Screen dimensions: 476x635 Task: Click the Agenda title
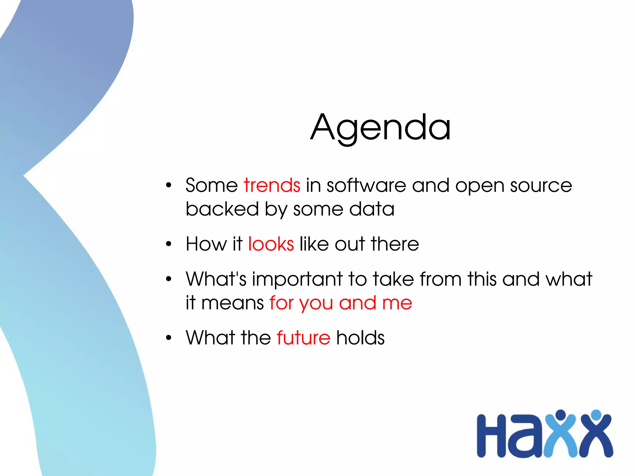pyautogui.click(x=380, y=127)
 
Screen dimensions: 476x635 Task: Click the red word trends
pyautogui.click(x=272, y=185)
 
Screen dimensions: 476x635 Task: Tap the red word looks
pyautogui.click(x=271, y=244)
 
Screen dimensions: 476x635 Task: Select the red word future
pyautogui.click(x=303, y=338)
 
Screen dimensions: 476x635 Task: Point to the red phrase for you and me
pyautogui.click(x=340, y=303)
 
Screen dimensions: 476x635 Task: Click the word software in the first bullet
pyautogui.click(x=366, y=185)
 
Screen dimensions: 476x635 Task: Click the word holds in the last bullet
pyautogui.click(x=360, y=338)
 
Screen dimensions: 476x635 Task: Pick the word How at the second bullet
pyautogui.click(x=206, y=244)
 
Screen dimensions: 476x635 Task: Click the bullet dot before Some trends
pyautogui.click(x=168, y=186)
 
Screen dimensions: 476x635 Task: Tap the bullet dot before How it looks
pyautogui.click(x=168, y=244)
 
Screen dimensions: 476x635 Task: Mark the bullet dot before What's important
pyautogui.click(x=168, y=279)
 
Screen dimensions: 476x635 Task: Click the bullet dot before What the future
pyautogui.click(x=168, y=338)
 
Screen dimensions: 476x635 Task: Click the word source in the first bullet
pyautogui.click(x=541, y=185)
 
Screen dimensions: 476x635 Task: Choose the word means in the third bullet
pyautogui.click(x=233, y=303)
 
